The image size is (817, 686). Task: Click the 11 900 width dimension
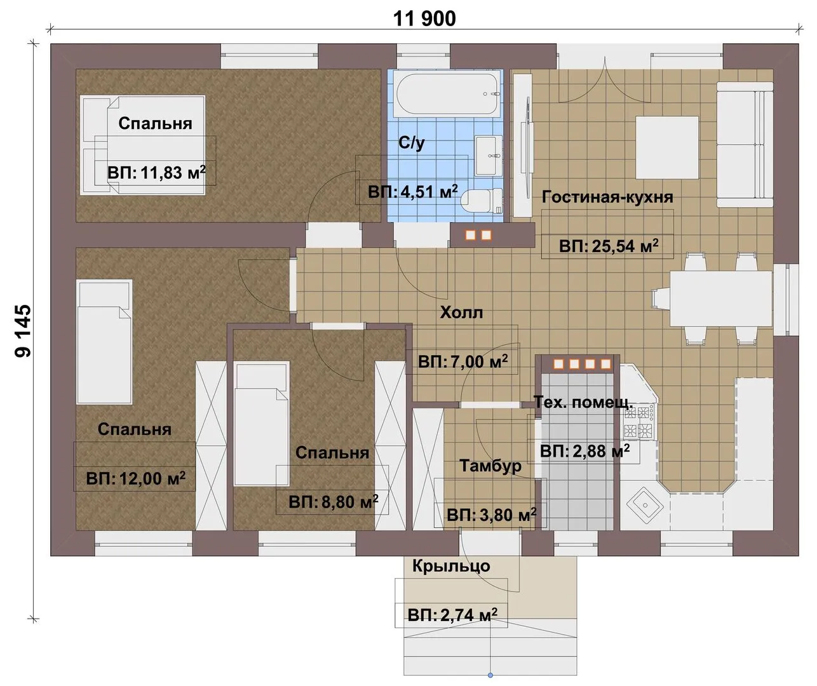click(424, 19)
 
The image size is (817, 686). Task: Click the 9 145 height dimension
click(23, 331)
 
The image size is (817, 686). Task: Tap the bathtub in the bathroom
click(447, 94)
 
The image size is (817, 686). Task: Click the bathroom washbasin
click(489, 156)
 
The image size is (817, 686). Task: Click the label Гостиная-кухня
click(607, 198)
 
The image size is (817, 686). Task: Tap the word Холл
click(461, 313)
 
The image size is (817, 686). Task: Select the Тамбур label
click(490, 466)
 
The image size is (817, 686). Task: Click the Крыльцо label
click(451, 566)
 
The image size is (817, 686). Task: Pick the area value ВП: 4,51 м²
click(413, 192)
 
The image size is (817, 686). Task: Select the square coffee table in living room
click(666, 147)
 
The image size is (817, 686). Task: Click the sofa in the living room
click(745, 144)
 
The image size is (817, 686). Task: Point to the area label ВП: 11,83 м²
click(156, 172)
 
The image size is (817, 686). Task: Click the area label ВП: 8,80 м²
click(334, 502)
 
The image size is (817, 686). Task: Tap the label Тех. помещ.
click(583, 402)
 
